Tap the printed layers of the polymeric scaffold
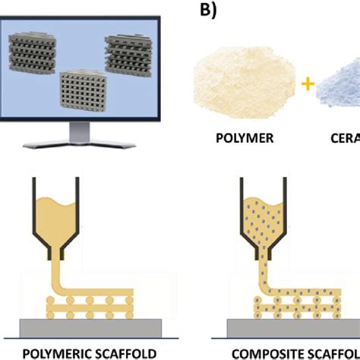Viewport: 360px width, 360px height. tap(84, 300)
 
